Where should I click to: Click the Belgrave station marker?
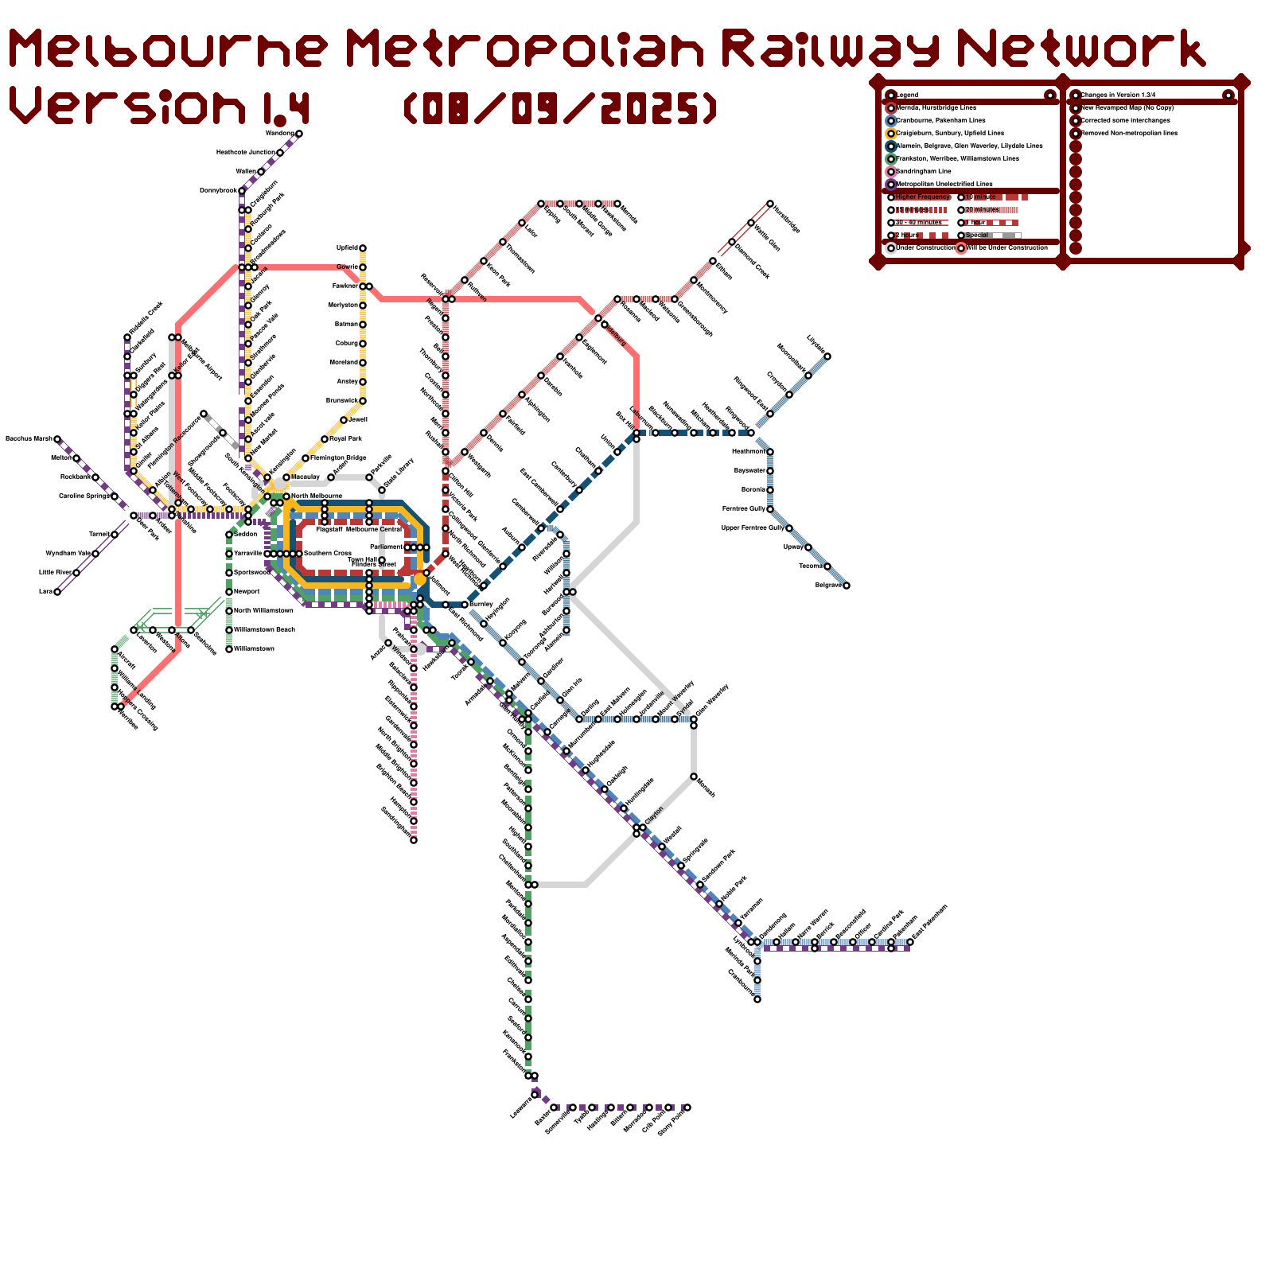(846, 586)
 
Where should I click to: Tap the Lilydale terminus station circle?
(827, 356)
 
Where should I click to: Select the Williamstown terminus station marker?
(229, 649)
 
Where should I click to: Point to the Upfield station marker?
(363, 248)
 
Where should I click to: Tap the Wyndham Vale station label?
(68, 554)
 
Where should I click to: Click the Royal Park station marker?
(325, 439)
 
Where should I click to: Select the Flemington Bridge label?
(339, 458)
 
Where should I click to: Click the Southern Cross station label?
(327, 554)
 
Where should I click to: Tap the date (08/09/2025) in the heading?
(561, 109)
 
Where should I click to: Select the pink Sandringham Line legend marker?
(891, 171)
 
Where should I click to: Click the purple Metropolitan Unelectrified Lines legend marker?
(891, 184)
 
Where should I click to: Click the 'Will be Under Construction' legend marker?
(961, 248)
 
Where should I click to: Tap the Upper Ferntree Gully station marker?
(789, 528)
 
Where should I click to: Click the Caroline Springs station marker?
(115, 496)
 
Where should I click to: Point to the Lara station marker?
(57, 592)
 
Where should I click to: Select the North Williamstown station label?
(263, 611)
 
